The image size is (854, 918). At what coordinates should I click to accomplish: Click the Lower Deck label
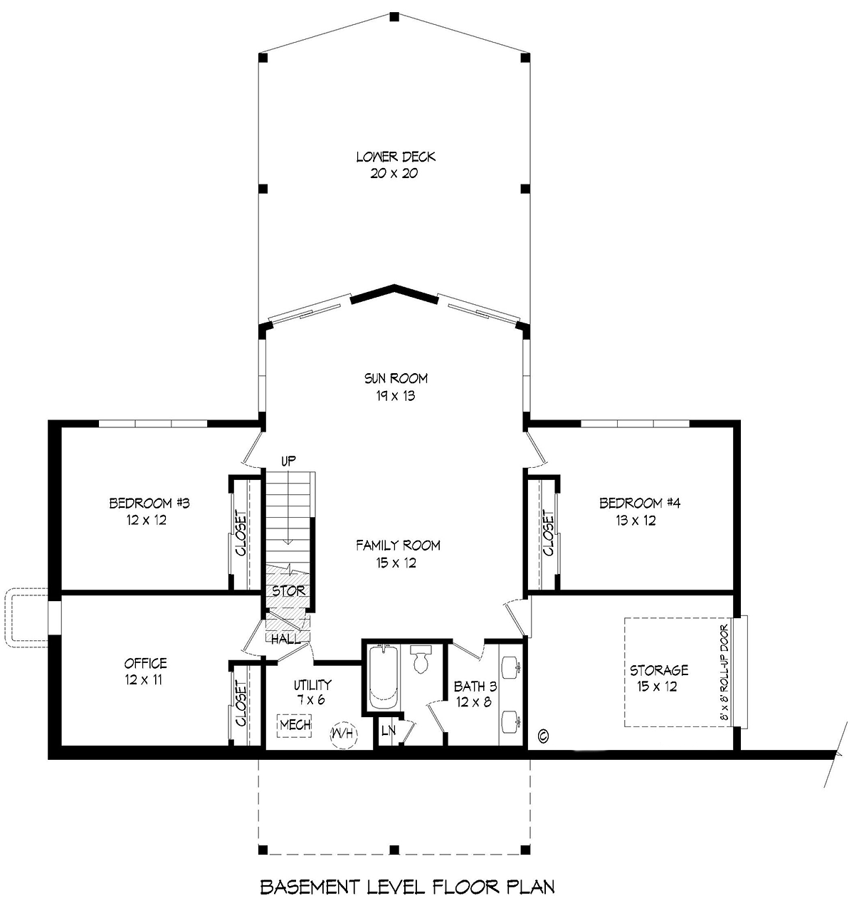pyautogui.click(x=396, y=157)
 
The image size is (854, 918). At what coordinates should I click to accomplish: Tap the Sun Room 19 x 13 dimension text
pyautogui.click(x=396, y=396)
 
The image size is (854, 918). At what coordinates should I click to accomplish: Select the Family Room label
pyautogui.click(x=398, y=546)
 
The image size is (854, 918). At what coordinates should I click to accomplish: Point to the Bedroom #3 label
pyautogui.click(x=149, y=503)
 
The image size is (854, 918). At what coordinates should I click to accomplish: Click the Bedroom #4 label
pyautogui.click(x=640, y=503)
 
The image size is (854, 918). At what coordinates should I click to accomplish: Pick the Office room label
pyautogui.click(x=145, y=663)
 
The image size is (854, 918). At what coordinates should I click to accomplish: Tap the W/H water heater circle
pyautogui.click(x=344, y=733)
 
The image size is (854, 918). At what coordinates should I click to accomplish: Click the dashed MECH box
pyautogui.click(x=295, y=725)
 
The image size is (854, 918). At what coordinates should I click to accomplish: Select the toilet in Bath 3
pyautogui.click(x=421, y=659)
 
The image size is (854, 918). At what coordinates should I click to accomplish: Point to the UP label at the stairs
pyautogui.click(x=288, y=461)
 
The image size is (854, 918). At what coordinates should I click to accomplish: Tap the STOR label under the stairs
pyautogui.click(x=288, y=590)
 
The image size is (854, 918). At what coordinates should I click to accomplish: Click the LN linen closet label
pyautogui.click(x=388, y=730)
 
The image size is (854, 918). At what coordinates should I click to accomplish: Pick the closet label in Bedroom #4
pyautogui.click(x=548, y=533)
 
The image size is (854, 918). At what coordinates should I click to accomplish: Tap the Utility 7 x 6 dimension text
pyautogui.click(x=311, y=700)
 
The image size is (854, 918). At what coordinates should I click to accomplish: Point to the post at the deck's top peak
pyautogui.click(x=394, y=17)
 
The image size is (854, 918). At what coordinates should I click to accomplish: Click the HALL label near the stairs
pyautogui.click(x=285, y=640)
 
